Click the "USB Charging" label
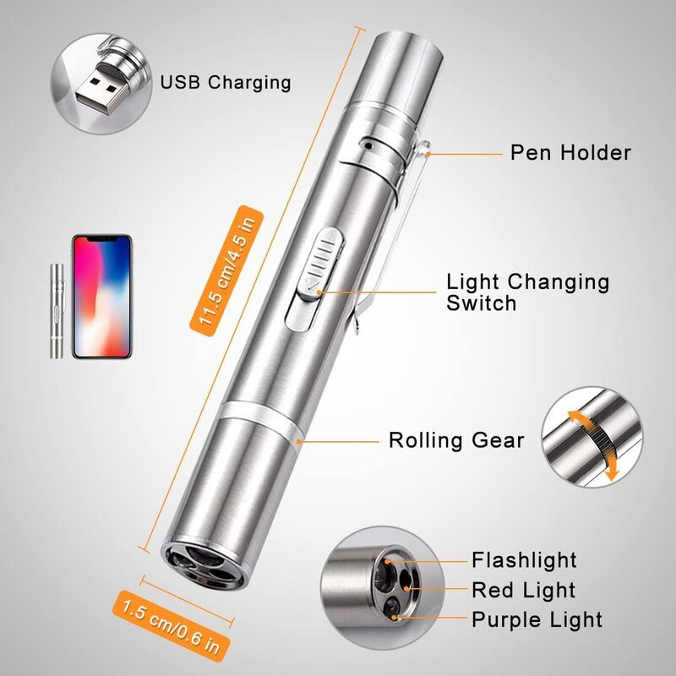tap(226, 82)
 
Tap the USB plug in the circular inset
tap(103, 88)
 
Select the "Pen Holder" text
tap(570, 153)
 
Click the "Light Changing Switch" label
tap(527, 292)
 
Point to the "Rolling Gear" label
tap(456, 440)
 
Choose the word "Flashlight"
tap(524, 560)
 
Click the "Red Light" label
tap(523, 590)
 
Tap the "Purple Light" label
tap(537, 620)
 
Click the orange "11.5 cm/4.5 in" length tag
tap(226, 270)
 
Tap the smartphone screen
tap(101, 297)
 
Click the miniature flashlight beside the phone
tap(57, 311)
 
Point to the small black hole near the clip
tap(368, 145)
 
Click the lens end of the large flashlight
tap(203, 564)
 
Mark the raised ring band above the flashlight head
tap(259, 422)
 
